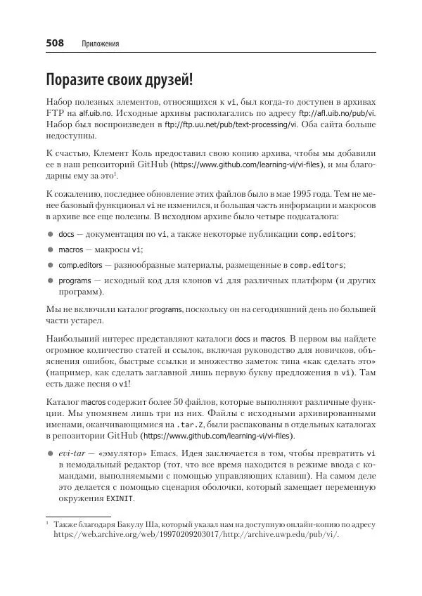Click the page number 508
point(55,44)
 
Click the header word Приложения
point(100,44)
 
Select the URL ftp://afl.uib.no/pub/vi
point(338,112)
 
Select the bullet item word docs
point(67,234)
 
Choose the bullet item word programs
point(75,280)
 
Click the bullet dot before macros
point(51,250)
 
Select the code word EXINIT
point(120,499)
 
